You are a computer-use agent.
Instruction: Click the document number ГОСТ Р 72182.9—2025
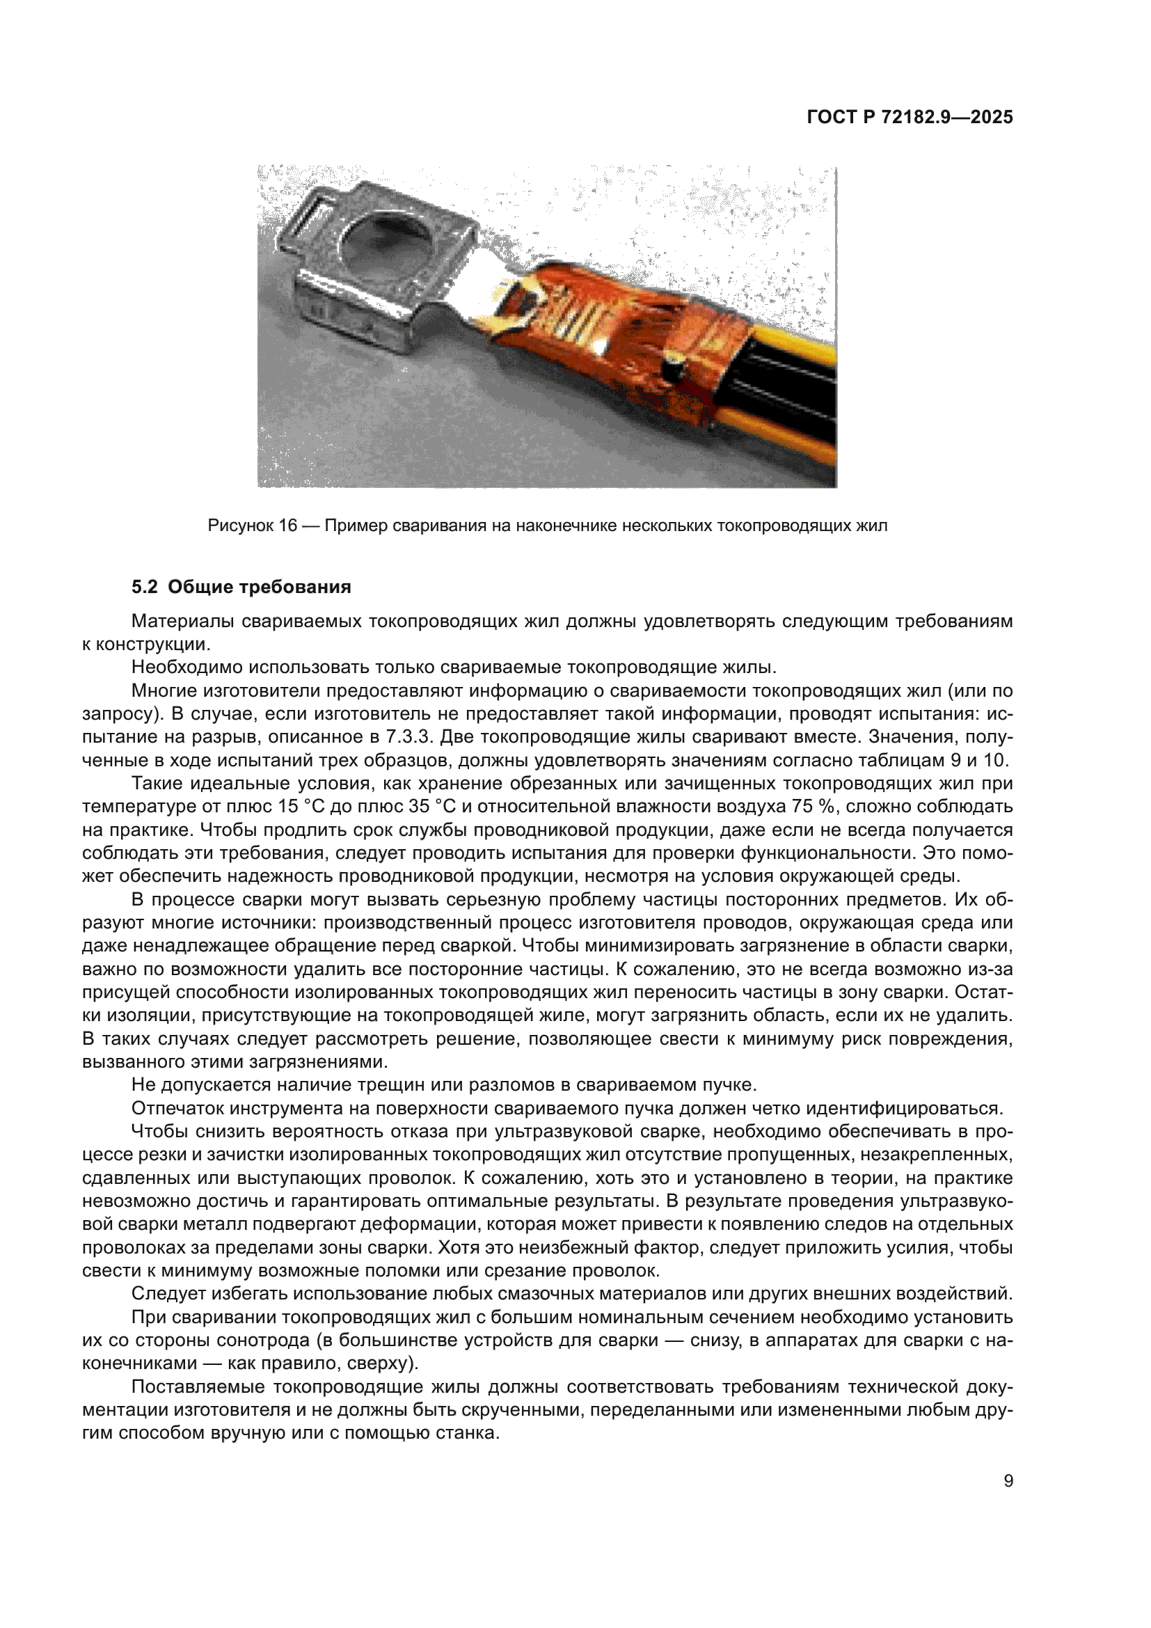point(910,117)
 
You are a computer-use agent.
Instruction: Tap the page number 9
point(1008,1481)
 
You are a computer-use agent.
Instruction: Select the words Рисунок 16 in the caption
point(253,525)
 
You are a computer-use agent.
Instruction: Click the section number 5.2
point(144,587)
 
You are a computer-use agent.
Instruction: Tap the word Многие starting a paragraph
point(164,690)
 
